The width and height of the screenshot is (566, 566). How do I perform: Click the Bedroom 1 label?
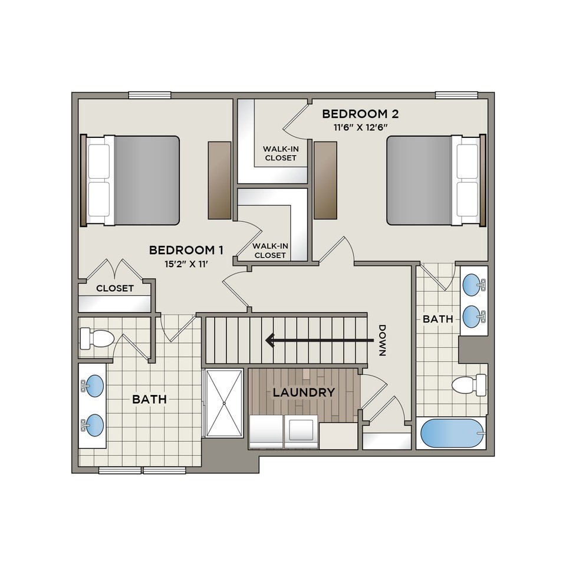(x=186, y=250)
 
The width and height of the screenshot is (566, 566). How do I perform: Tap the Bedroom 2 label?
(x=360, y=114)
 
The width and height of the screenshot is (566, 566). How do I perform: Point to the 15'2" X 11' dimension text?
(x=186, y=264)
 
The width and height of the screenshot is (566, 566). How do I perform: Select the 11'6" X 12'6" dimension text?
(x=360, y=127)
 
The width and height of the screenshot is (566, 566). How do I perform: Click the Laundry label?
(x=304, y=393)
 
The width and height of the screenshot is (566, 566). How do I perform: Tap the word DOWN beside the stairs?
(x=382, y=340)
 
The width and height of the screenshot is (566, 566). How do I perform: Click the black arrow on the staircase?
(x=320, y=340)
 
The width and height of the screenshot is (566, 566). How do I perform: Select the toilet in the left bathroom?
(x=97, y=338)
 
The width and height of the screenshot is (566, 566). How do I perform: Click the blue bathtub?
(x=452, y=433)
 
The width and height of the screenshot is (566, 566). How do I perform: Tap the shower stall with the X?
(x=224, y=403)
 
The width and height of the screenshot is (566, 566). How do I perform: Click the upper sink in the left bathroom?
(x=94, y=385)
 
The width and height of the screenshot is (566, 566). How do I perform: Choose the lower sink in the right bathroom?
(x=474, y=317)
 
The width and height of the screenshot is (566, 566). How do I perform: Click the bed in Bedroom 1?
(x=130, y=180)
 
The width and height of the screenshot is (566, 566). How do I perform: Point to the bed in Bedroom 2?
(x=436, y=180)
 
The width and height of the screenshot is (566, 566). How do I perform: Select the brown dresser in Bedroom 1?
(x=219, y=180)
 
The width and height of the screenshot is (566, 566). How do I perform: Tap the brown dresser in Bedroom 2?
(x=325, y=180)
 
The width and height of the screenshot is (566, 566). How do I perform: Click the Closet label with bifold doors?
(x=115, y=288)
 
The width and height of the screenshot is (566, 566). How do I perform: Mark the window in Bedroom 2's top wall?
(x=456, y=95)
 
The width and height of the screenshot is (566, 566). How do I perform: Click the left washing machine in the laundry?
(x=266, y=431)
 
